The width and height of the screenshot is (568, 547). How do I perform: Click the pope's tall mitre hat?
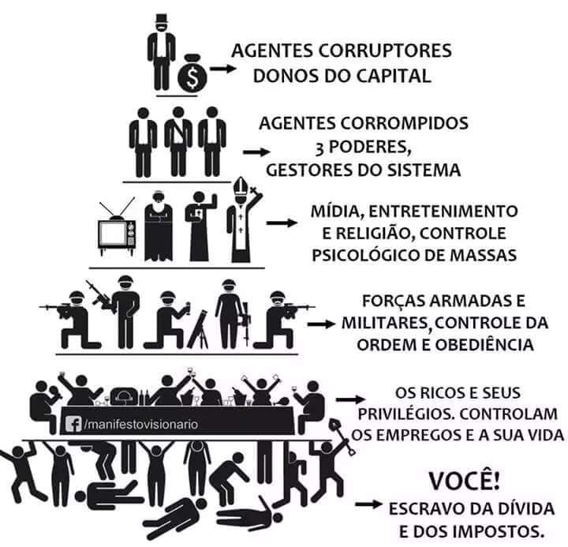238,189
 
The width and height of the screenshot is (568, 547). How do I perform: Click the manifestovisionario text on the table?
141,424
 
